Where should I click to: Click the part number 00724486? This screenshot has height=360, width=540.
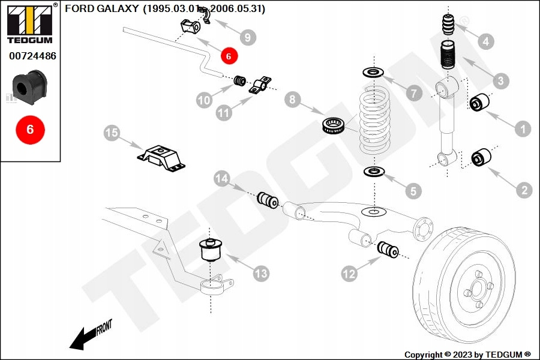point(32,56)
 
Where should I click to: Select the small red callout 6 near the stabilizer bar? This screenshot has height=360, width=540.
point(229,56)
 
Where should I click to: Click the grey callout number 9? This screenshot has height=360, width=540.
point(247,37)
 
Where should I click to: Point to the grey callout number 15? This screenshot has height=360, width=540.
point(112,133)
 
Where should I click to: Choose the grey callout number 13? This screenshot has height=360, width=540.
point(260,274)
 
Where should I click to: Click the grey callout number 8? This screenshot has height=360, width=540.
point(292,99)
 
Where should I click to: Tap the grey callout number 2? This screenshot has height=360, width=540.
point(524,191)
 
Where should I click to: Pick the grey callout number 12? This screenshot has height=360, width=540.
point(349,274)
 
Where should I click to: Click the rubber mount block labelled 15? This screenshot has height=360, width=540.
point(160,157)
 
